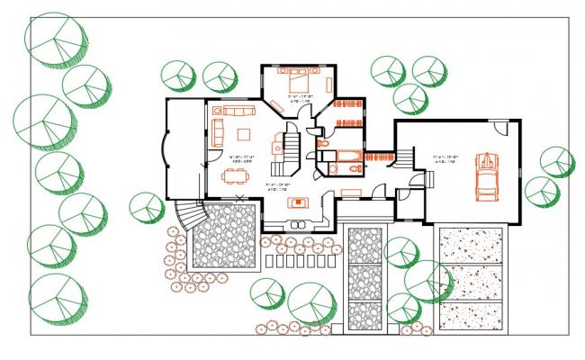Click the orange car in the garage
[x=487, y=176]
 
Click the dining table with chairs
[x=240, y=176]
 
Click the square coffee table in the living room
[x=243, y=134]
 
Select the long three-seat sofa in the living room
[x=238, y=112]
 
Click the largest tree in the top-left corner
[x=58, y=38]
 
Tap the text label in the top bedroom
[x=301, y=97]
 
